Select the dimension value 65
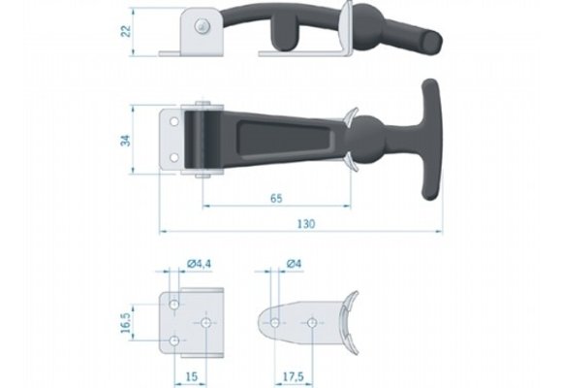(x=276, y=198)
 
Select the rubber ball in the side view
(x=375, y=21)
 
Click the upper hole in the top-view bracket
(x=174, y=122)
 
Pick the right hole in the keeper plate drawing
(x=312, y=323)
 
